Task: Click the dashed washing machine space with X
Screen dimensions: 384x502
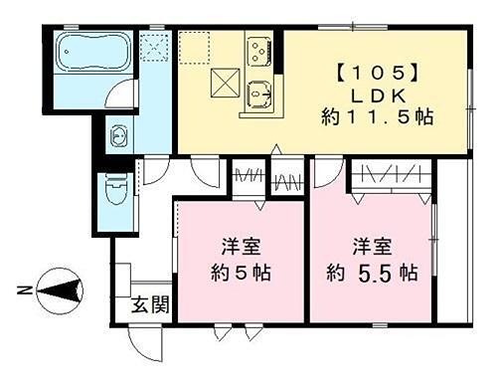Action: [154, 48]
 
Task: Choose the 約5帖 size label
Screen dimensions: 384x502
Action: [240, 273]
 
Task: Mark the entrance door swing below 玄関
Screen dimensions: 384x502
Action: [146, 343]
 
